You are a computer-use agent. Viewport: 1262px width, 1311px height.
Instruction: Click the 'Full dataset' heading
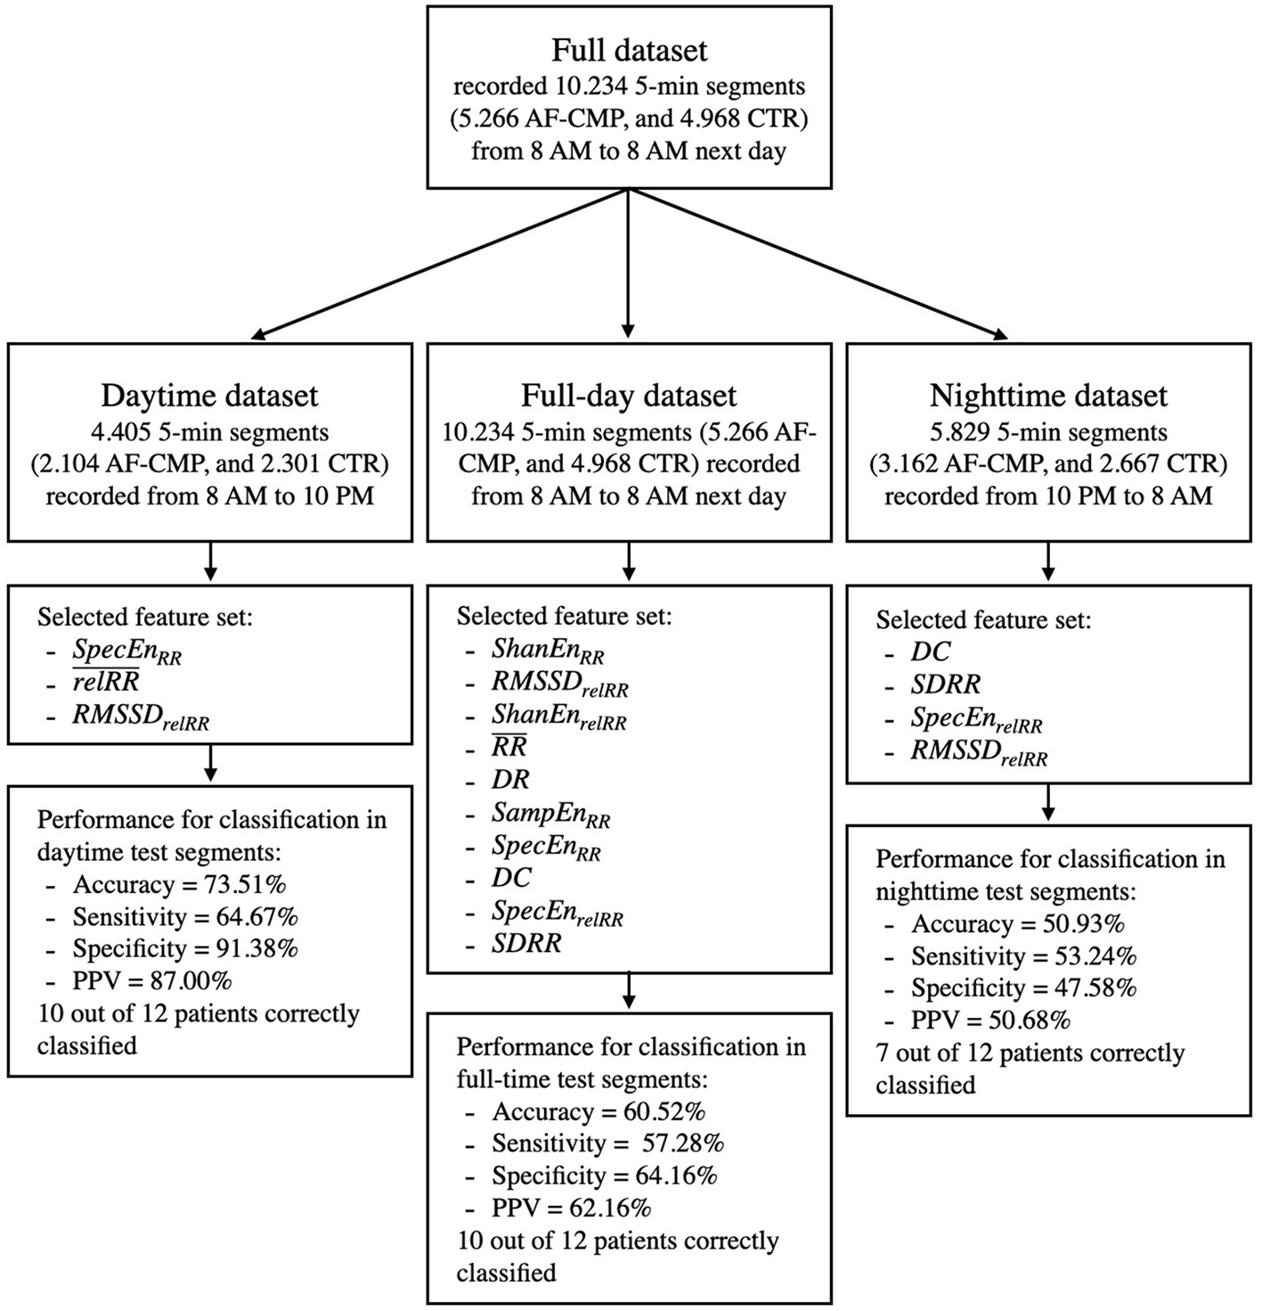(629, 50)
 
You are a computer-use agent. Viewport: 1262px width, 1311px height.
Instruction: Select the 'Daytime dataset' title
(209, 395)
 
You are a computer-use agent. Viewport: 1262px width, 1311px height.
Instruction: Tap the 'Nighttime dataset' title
(1048, 395)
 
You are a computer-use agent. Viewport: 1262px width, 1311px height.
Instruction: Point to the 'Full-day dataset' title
(629, 395)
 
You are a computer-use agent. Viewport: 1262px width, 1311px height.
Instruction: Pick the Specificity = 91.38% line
(185, 949)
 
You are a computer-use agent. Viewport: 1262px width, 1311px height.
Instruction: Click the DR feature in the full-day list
(510, 780)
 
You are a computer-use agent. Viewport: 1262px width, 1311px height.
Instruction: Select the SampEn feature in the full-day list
(550, 813)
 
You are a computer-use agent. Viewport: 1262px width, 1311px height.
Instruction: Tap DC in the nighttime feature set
(930, 651)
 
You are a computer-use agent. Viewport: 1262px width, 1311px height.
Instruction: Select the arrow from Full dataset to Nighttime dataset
(819, 265)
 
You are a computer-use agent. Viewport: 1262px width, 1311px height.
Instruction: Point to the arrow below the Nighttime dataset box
(1048, 562)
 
